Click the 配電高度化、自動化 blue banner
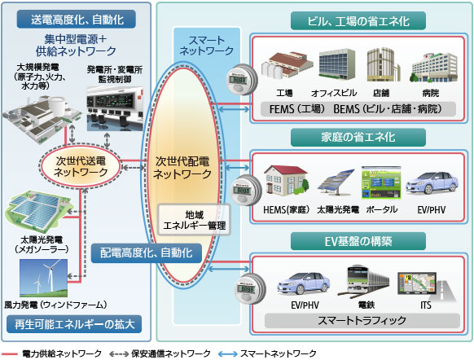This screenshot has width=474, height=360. pos(143,253)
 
